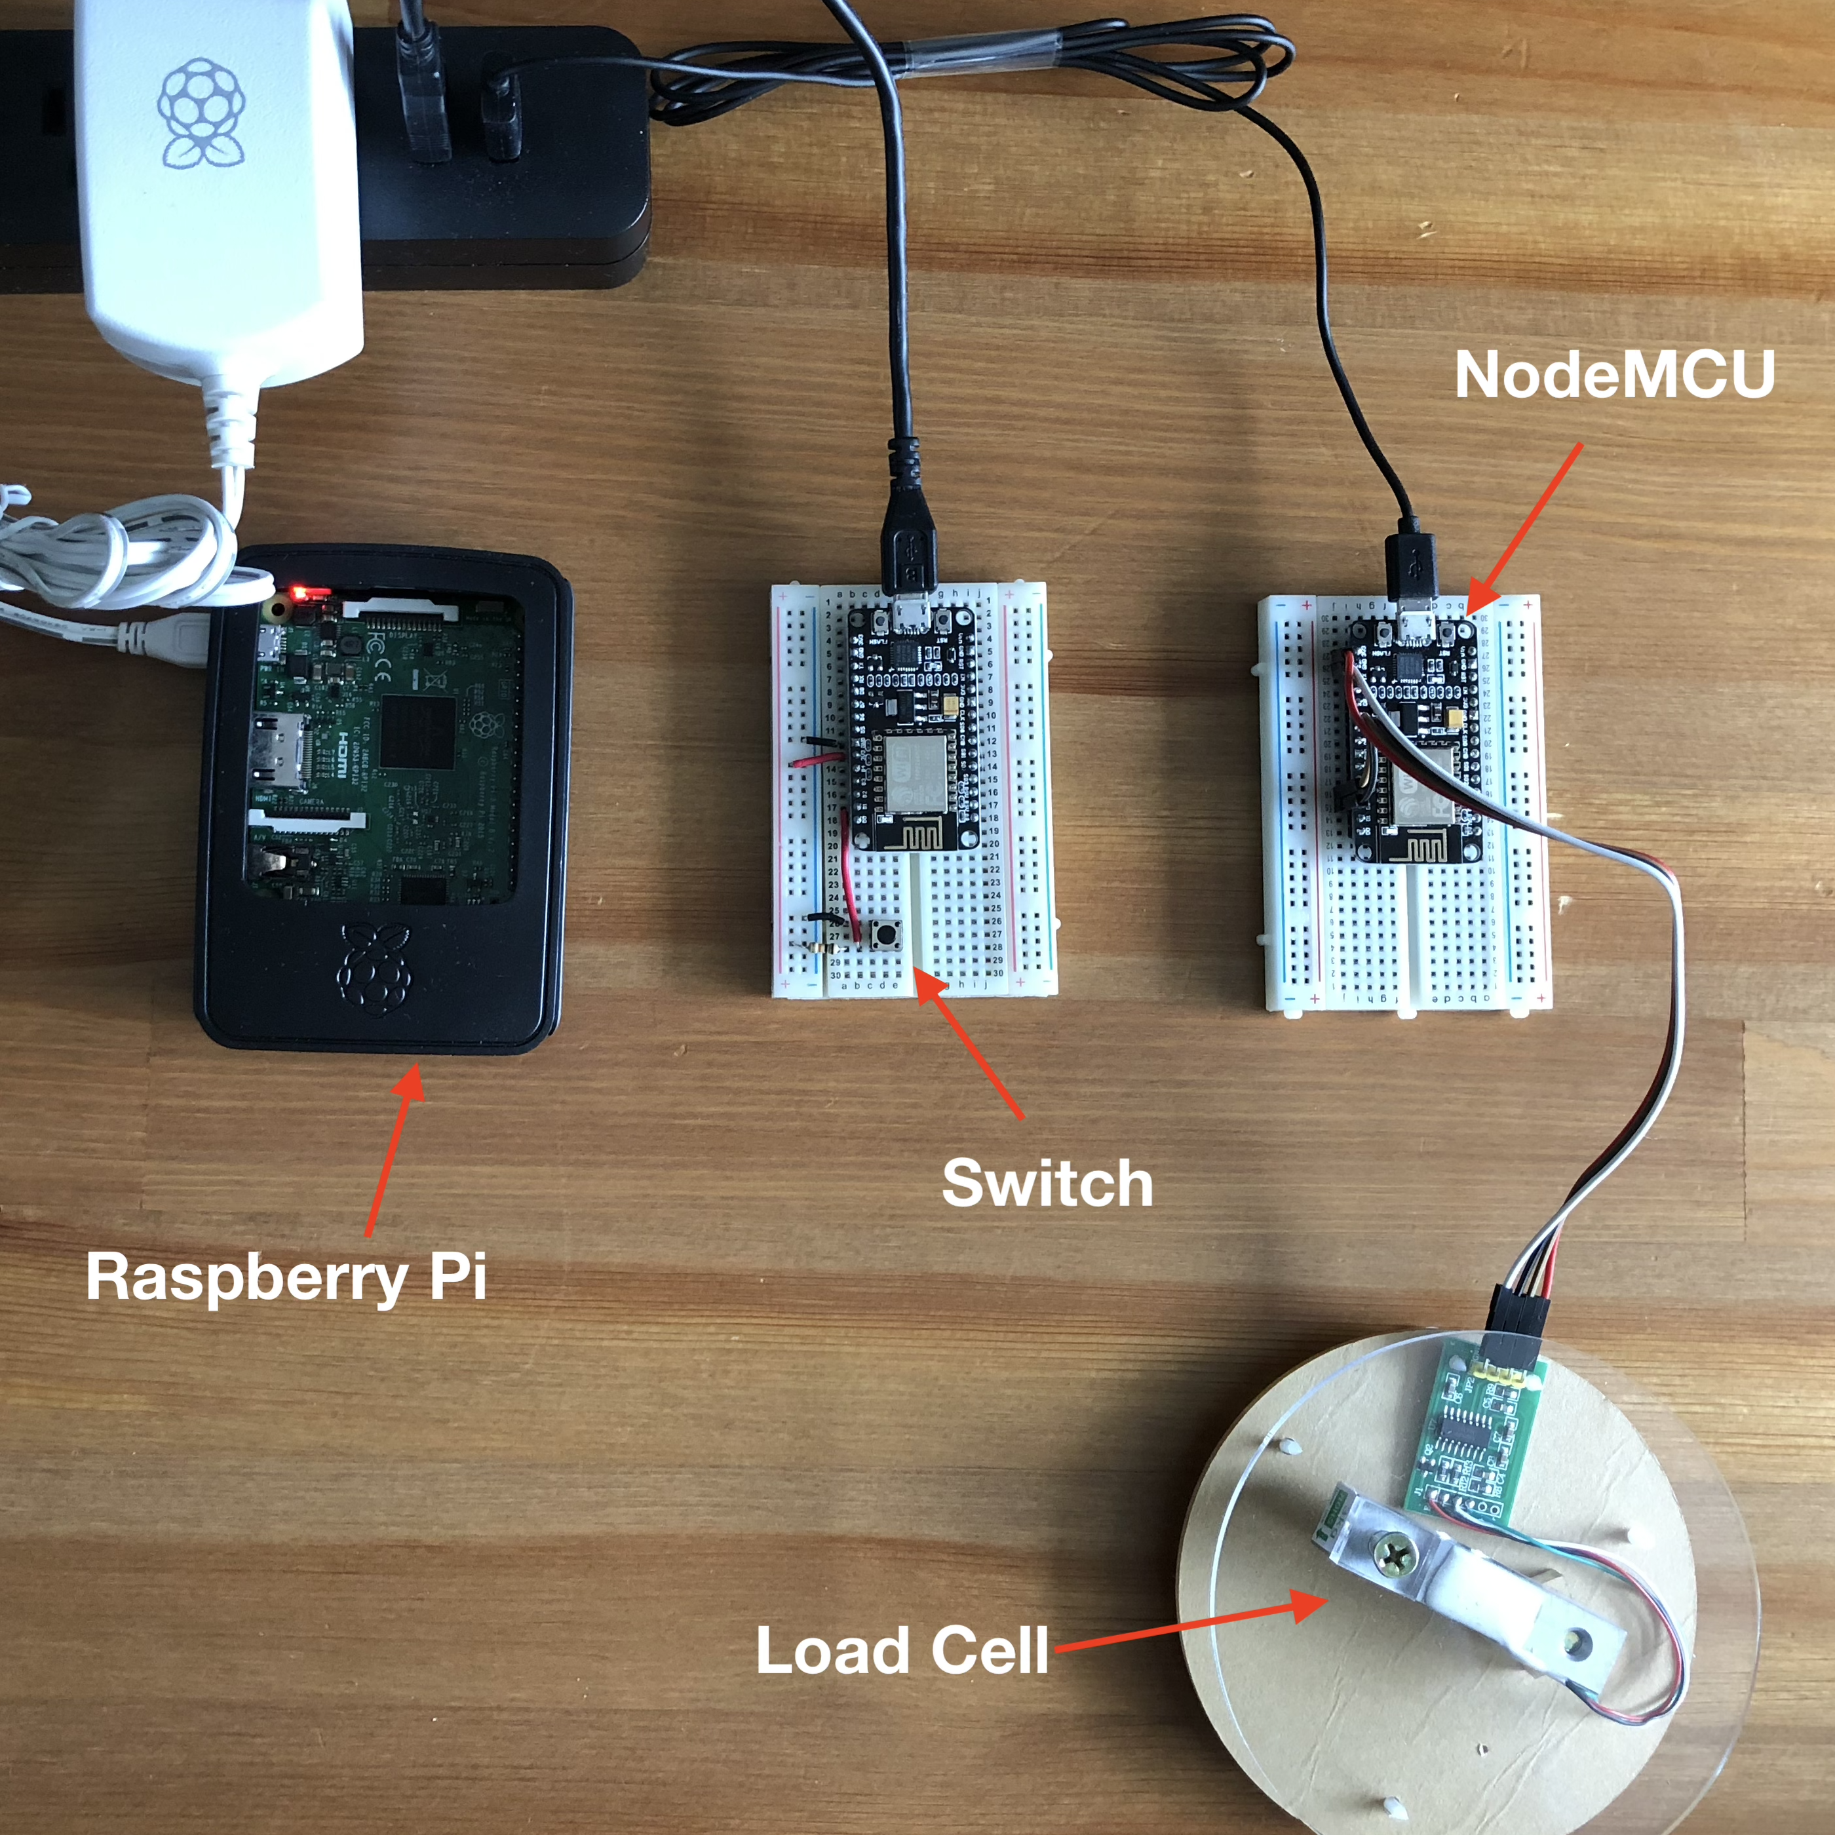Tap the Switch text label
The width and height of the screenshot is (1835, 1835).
click(x=1047, y=1184)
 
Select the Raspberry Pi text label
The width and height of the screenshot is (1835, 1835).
click(x=286, y=1277)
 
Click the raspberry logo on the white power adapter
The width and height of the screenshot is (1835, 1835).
click(x=201, y=112)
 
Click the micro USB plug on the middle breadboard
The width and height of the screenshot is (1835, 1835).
click(x=910, y=560)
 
